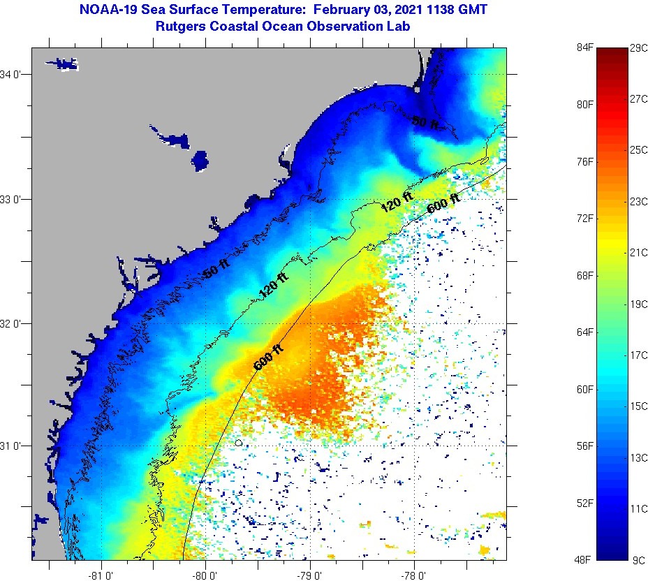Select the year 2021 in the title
413,10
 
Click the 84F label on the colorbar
584,47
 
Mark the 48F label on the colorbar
584,559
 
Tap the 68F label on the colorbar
584,275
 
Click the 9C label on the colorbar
637,559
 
